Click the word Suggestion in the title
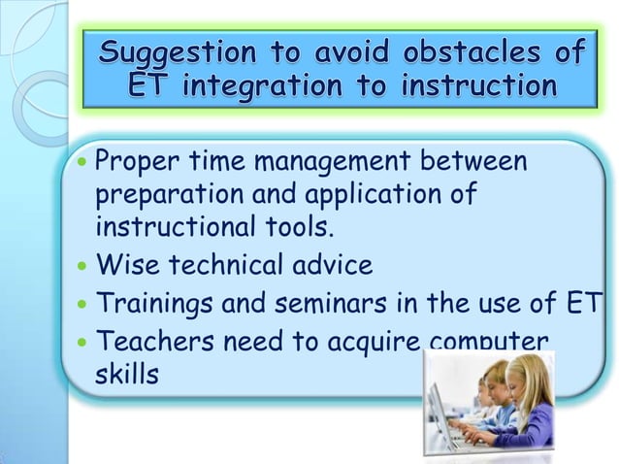coord(184,51)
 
